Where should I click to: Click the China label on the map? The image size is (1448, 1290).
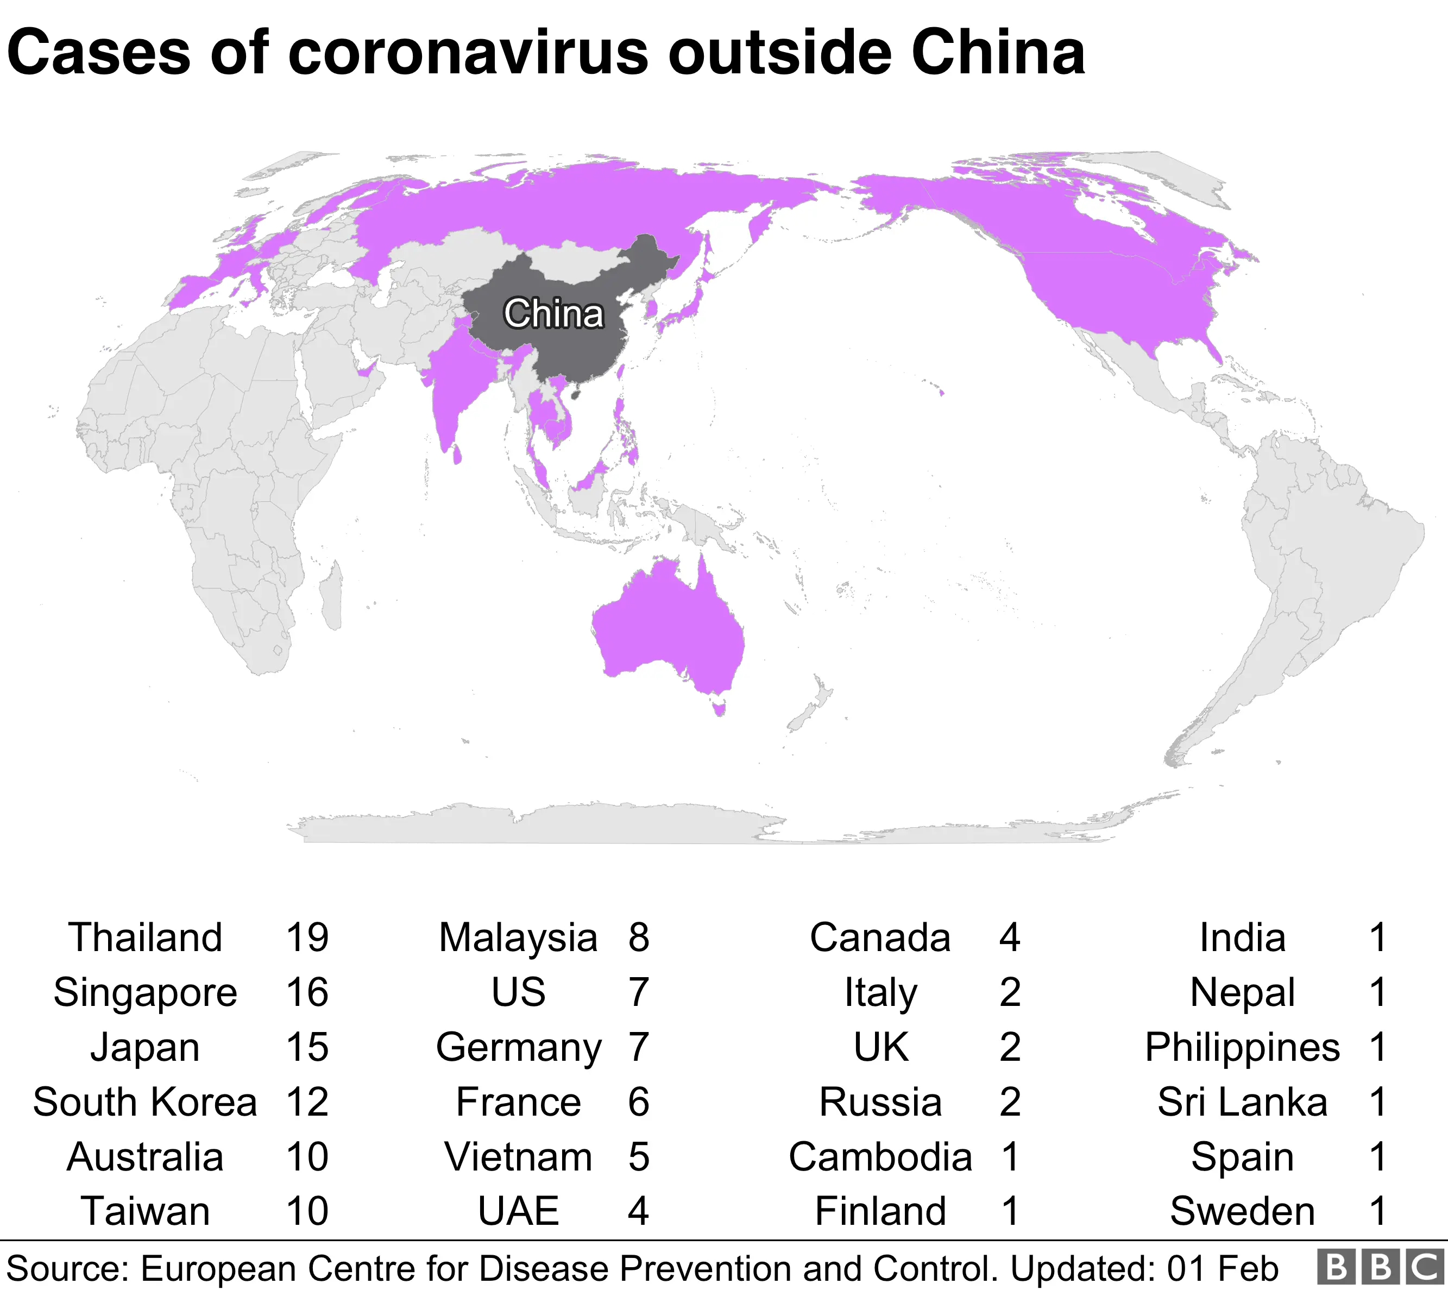[553, 313]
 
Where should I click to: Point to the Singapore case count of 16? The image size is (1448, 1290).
[307, 992]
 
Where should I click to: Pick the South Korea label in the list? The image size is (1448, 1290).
[146, 1102]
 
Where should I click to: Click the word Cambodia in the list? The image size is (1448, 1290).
[880, 1157]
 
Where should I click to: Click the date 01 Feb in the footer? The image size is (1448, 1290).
[1223, 1269]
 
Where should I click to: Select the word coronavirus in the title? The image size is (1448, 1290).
[468, 53]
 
